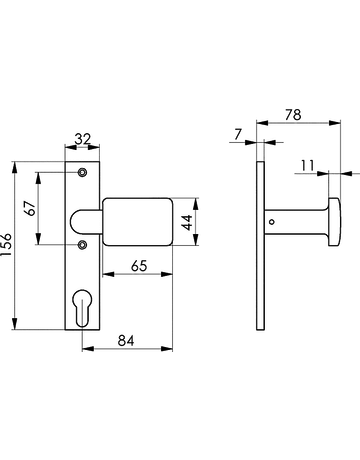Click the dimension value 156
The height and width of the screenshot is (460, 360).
pyautogui.click(x=6, y=244)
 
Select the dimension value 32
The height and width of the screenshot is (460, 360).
pyautogui.click(x=82, y=139)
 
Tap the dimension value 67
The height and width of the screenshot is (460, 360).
pyautogui.click(x=31, y=208)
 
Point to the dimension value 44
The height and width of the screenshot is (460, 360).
pyautogui.click(x=187, y=222)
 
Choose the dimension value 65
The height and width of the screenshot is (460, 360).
pyautogui.click(x=139, y=266)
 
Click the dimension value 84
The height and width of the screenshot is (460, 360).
pyautogui.click(x=126, y=341)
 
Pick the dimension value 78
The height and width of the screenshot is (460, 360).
pyautogui.click(x=293, y=115)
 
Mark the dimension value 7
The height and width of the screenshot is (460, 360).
pyautogui.click(x=237, y=134)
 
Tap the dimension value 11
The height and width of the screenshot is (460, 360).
pyautogui.click(x=307, y=165)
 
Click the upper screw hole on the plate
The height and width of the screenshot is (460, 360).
pyautogui.click(x=82, y=172)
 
